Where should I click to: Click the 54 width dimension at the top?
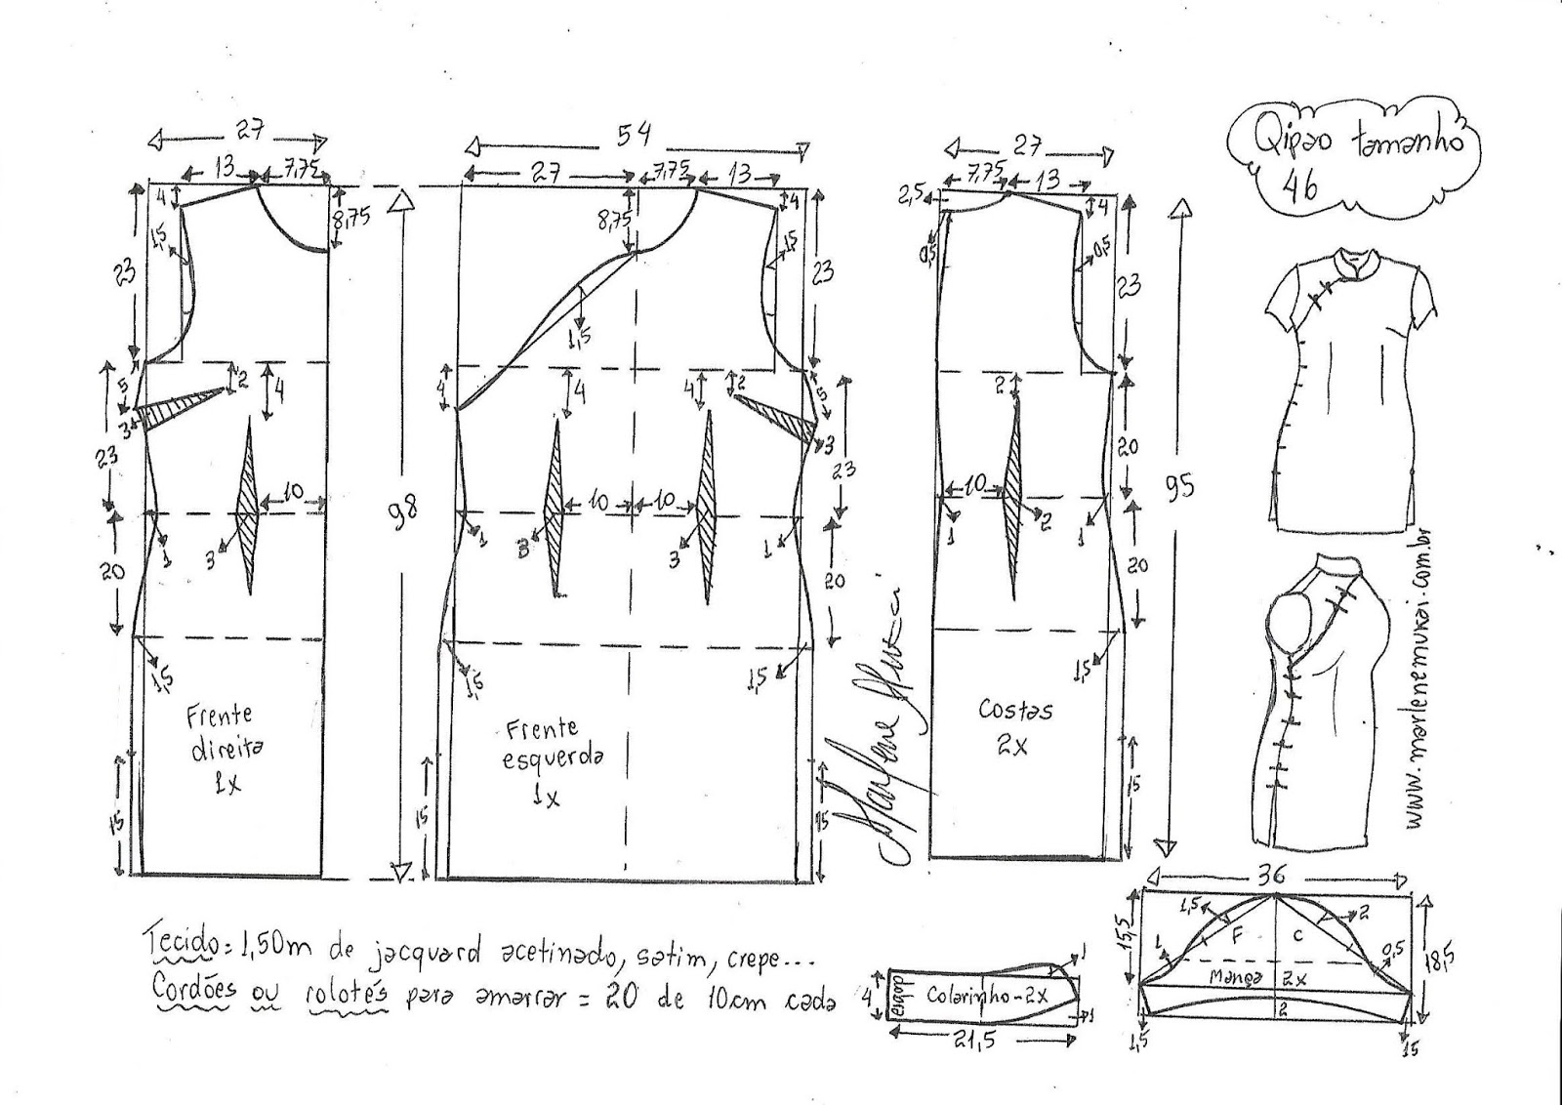point(633,136)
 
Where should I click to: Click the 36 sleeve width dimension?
point(1273,876)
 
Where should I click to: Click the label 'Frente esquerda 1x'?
point(549,762)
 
